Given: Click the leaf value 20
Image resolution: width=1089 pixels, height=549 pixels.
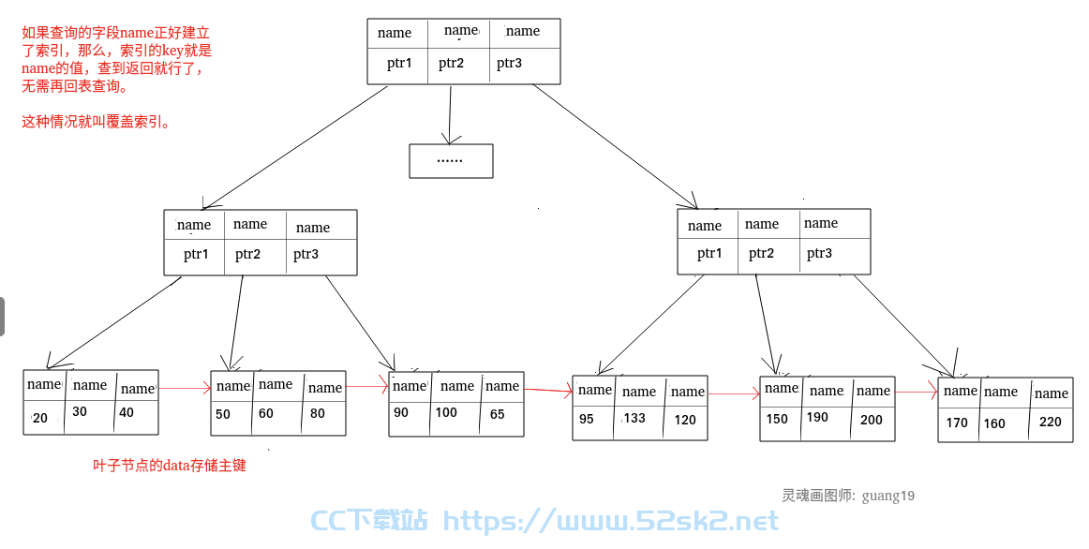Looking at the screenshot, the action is tap(40, 418).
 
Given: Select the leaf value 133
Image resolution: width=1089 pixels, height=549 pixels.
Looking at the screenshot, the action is tap(634, 418).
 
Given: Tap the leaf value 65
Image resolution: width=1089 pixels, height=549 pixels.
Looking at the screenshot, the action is tap(498, 414).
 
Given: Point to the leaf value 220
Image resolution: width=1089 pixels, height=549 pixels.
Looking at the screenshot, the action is tap(1050, 422).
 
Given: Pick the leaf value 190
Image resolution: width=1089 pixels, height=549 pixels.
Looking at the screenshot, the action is tap(817, 417).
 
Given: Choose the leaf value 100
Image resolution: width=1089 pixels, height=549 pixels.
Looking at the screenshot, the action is tap(446, 413).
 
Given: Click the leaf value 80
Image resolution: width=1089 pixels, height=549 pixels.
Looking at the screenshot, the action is tap(318, 414).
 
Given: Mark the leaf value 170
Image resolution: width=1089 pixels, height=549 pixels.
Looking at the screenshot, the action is tap(957, 423).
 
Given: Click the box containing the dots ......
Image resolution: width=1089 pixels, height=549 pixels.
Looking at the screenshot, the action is tap(451, 161).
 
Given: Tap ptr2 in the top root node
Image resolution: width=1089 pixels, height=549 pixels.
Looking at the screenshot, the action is tap(451, 63).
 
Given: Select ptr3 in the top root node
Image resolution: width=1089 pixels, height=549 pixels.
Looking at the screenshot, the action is tap(509, 63).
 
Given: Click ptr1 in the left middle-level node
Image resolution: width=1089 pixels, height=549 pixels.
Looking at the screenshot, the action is tap(196, 254).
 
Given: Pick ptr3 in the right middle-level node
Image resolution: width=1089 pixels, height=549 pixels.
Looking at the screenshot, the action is tap(819, 253).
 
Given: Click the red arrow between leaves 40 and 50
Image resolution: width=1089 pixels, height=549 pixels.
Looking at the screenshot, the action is tap(185, 388).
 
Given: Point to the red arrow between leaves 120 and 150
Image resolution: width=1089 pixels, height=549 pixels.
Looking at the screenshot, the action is tap(734, 394).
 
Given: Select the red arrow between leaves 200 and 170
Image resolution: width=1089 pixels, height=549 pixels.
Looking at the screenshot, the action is tap(917, 393).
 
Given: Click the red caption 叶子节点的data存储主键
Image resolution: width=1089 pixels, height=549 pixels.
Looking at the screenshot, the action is tap(170, 465).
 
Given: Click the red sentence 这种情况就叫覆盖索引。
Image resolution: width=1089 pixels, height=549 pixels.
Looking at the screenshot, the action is tap(96, 122).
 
